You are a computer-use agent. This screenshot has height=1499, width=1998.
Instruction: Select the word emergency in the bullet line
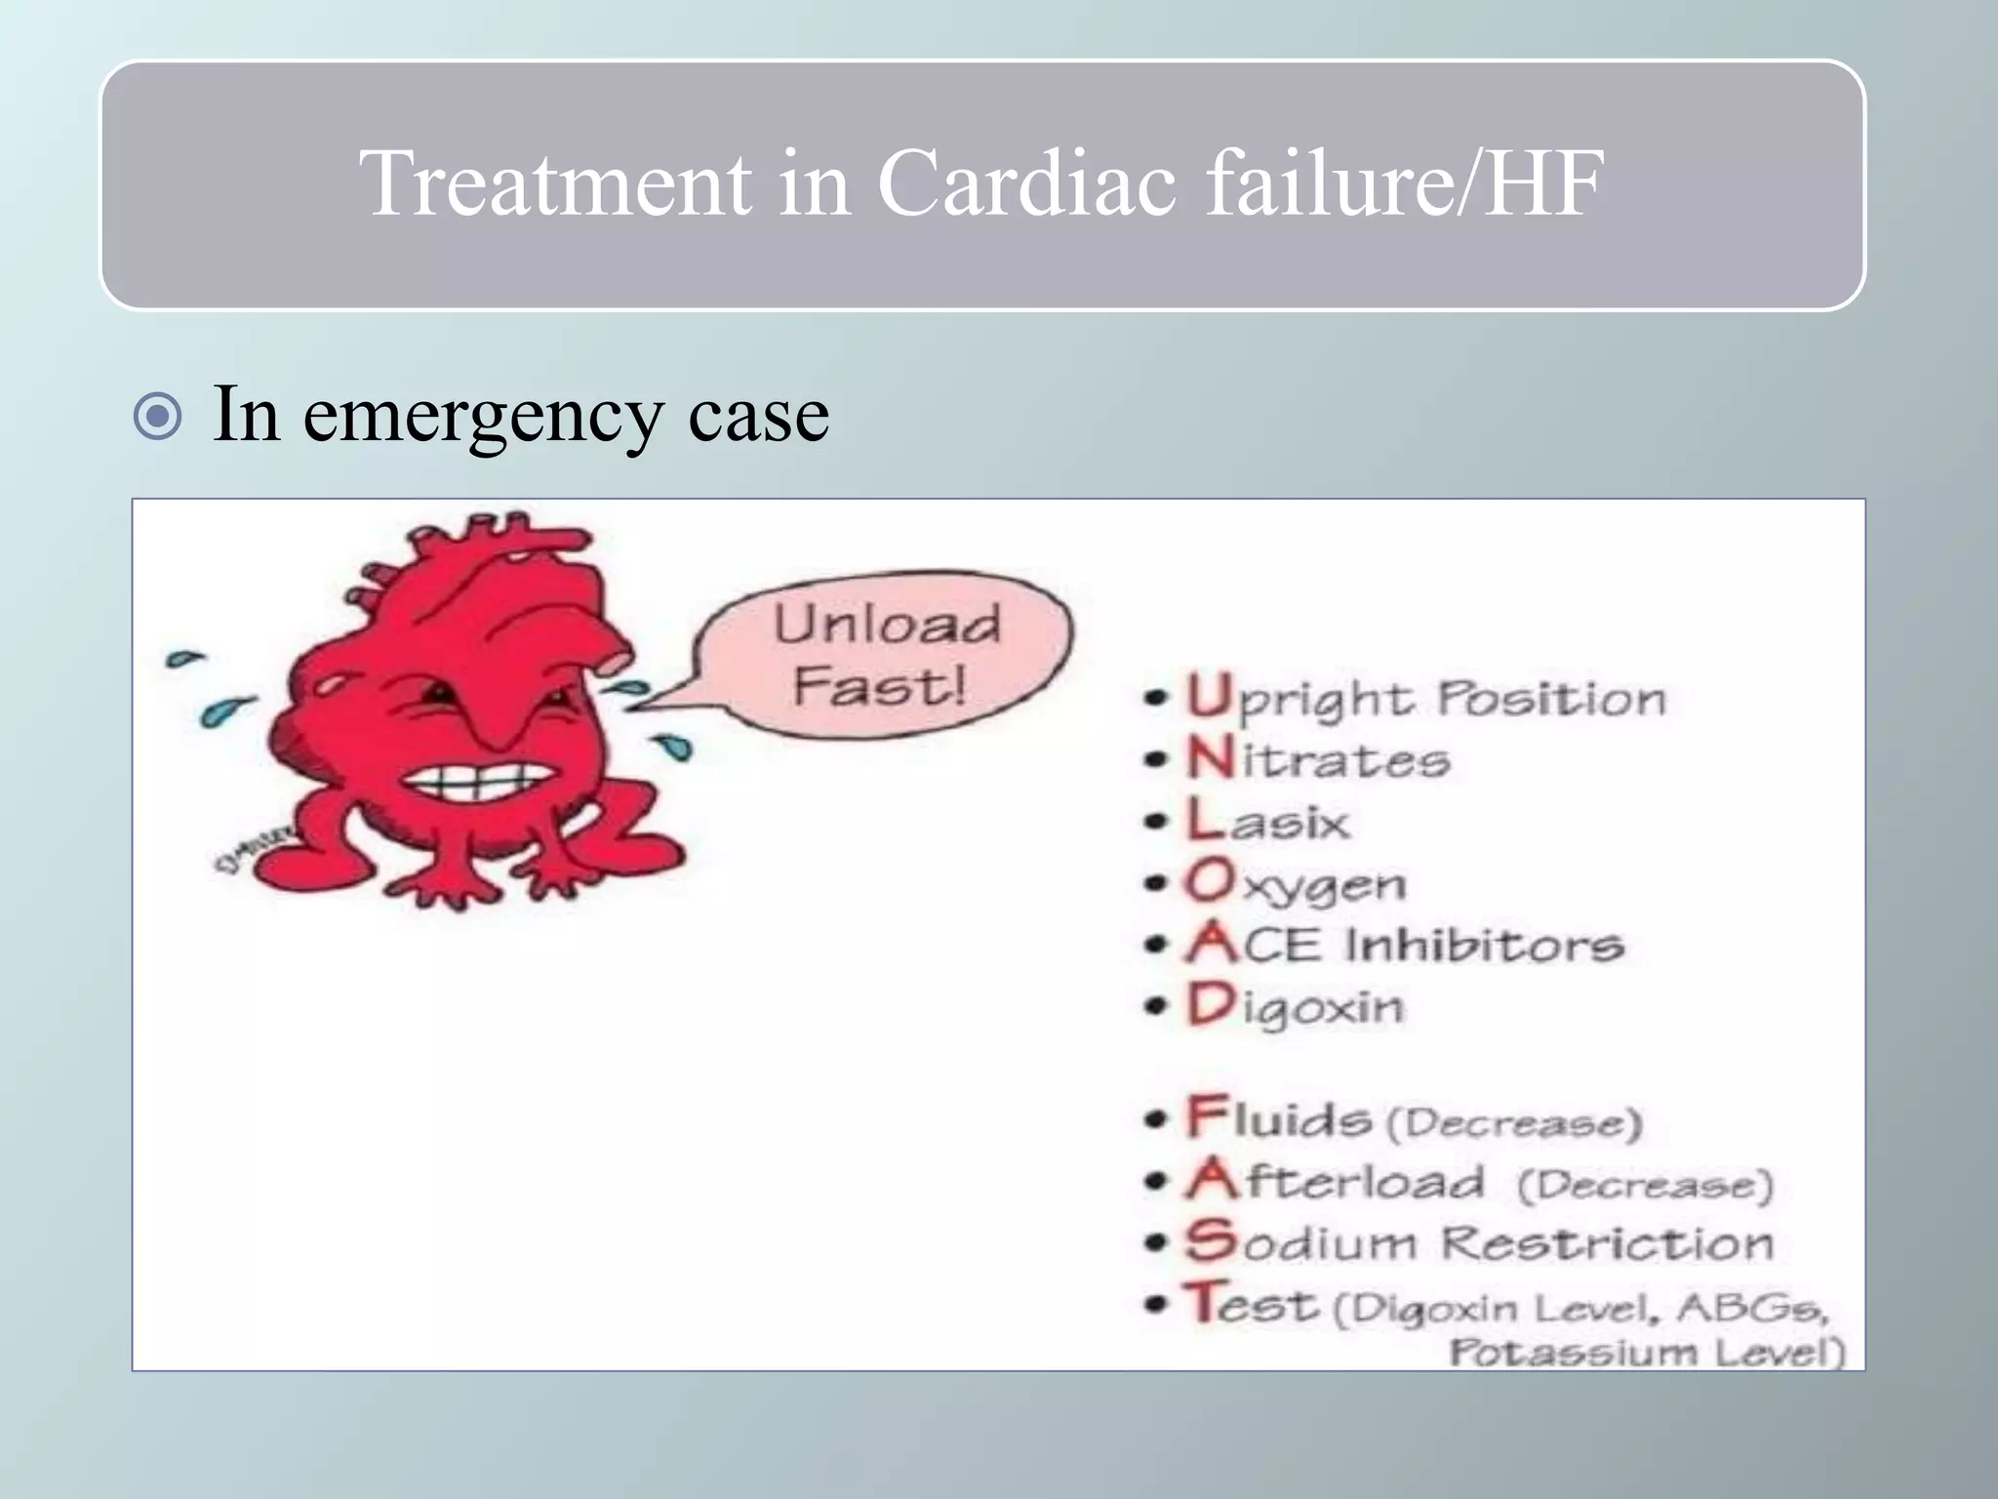(483, 415)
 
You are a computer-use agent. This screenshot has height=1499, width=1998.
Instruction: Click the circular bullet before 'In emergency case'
(157, 417)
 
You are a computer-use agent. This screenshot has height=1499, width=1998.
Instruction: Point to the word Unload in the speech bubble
(887, 625)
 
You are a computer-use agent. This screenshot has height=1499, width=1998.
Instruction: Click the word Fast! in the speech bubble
(879, 685)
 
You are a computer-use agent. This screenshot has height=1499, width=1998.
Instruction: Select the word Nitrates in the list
(1318, 759)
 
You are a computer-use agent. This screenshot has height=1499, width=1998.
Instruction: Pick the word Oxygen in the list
(1296, 883)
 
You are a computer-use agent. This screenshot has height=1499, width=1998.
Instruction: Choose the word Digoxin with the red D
(1296, 1006)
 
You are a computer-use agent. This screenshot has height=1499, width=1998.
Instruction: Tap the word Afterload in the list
(1336, 1181)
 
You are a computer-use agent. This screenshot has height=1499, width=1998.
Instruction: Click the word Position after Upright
(1552, 700)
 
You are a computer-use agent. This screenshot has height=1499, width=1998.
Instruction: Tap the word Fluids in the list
(1279, 1118)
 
